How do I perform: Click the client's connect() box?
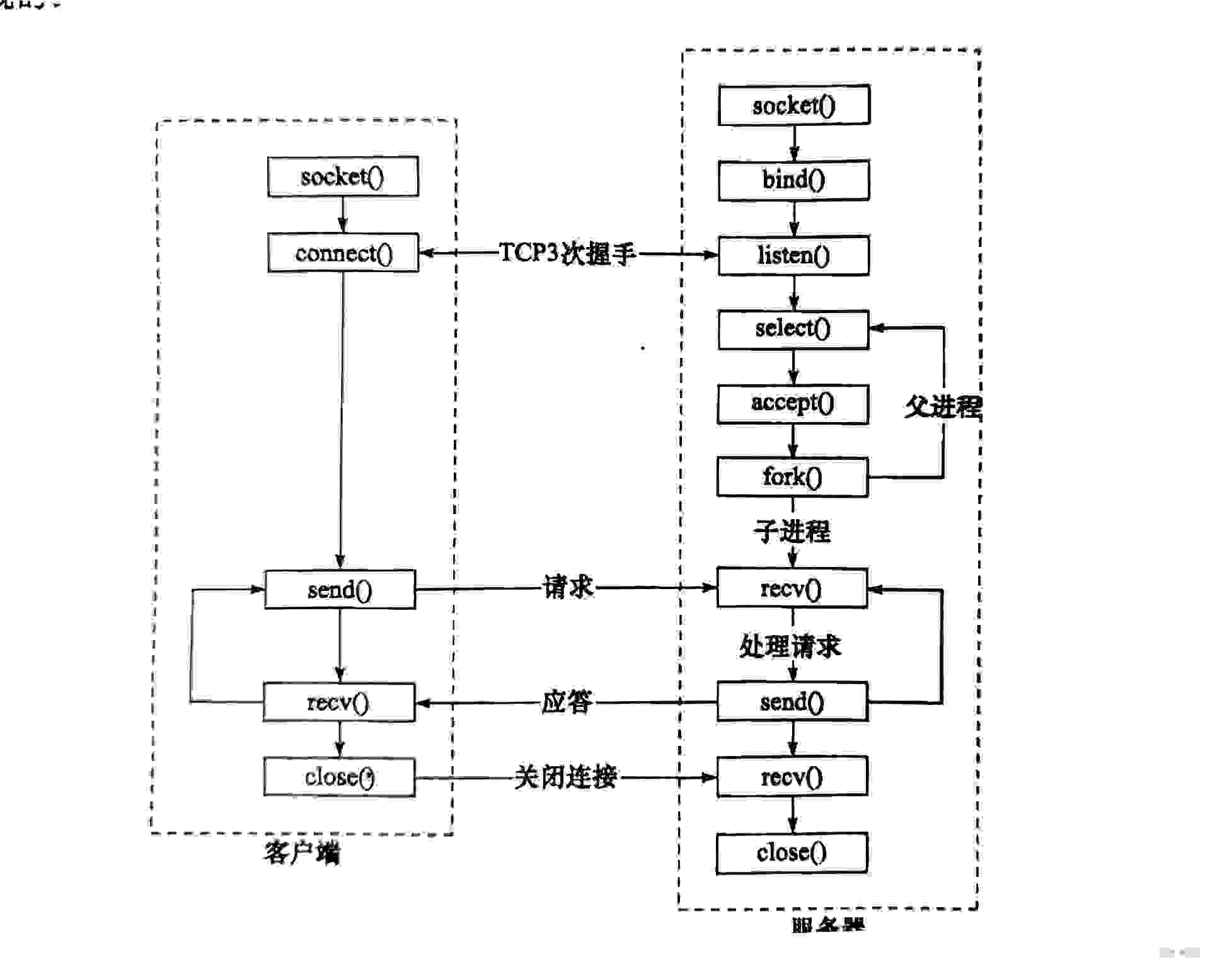click(343, 253)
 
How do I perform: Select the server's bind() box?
click(794, 180)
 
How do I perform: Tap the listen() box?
click(794, 256)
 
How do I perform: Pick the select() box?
click(793, 329)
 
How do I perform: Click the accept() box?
click(793, 403)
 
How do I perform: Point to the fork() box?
click(792, 477)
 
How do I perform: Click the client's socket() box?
click(343, 177)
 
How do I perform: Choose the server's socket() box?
click(794, 105)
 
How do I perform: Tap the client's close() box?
click(340, 777)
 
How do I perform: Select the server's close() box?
click(792, 853)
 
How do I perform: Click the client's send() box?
click(340, 590)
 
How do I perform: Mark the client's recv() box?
click(339, 702)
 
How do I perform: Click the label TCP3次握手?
click(567, 253)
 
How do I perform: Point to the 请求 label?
click(568, 587)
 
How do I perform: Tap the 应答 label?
click(567, 702)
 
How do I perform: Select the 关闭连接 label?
click(565, 777)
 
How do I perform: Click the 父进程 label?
click(943, 406)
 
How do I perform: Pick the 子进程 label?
click(792, 531)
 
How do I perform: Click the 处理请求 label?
click(790, 646)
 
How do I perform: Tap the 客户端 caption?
click(302, 853)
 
